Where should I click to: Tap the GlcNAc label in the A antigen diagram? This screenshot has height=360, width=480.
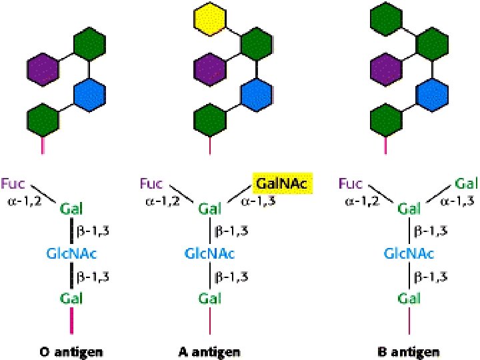tap(209, 253)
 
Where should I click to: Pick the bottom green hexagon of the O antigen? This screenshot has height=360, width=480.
tap(44, 120)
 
